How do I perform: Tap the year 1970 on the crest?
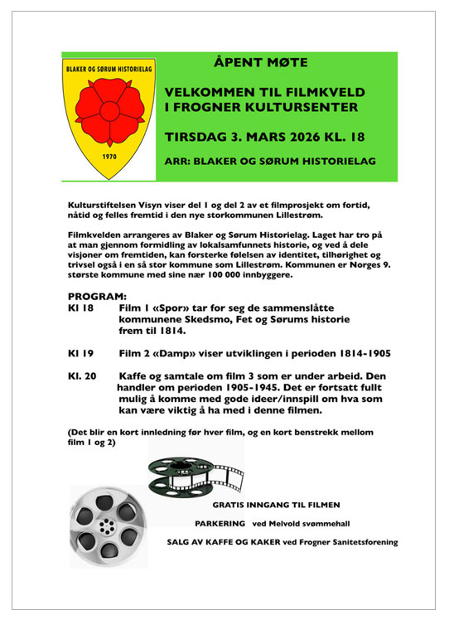coord(109,156)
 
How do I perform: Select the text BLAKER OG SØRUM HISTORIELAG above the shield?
coord(109,68)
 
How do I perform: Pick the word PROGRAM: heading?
coord(97,295)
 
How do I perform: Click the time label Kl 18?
coord(80,308)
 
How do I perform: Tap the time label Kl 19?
coord(80,353)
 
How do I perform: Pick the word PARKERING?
coord(220,523)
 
